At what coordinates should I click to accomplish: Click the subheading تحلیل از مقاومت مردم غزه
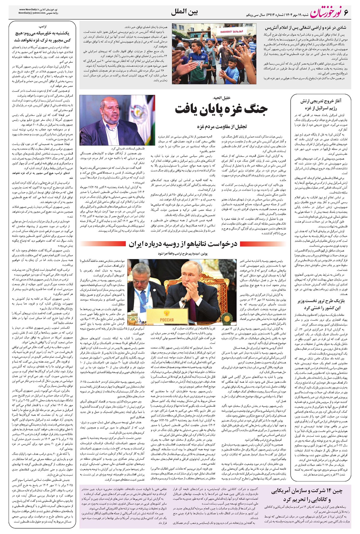(222, 127)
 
